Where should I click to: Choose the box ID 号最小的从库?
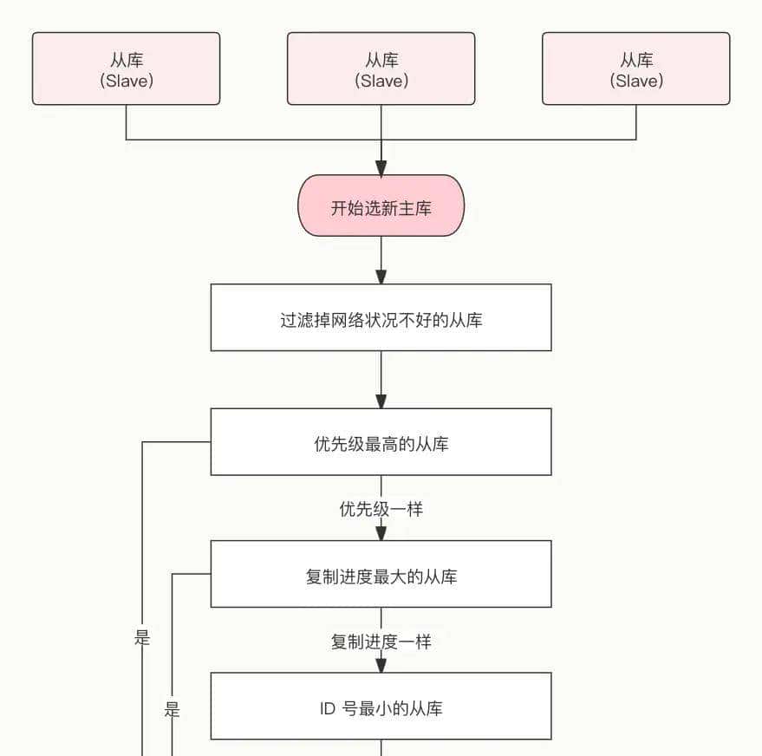381,707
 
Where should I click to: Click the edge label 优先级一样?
381,509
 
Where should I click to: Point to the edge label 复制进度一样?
381,642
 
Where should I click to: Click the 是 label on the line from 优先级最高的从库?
142,638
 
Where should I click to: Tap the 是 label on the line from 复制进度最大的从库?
172,710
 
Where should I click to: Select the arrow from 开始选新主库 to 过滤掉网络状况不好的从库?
381,259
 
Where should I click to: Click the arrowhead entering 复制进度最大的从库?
381,533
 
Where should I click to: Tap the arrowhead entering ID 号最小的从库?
381,665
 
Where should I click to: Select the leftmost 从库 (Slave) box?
126,68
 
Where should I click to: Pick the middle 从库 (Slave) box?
381,68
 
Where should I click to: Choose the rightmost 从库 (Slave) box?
635,68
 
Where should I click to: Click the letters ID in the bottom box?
327,708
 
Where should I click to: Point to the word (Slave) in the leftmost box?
127,81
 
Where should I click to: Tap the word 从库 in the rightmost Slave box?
636,60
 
